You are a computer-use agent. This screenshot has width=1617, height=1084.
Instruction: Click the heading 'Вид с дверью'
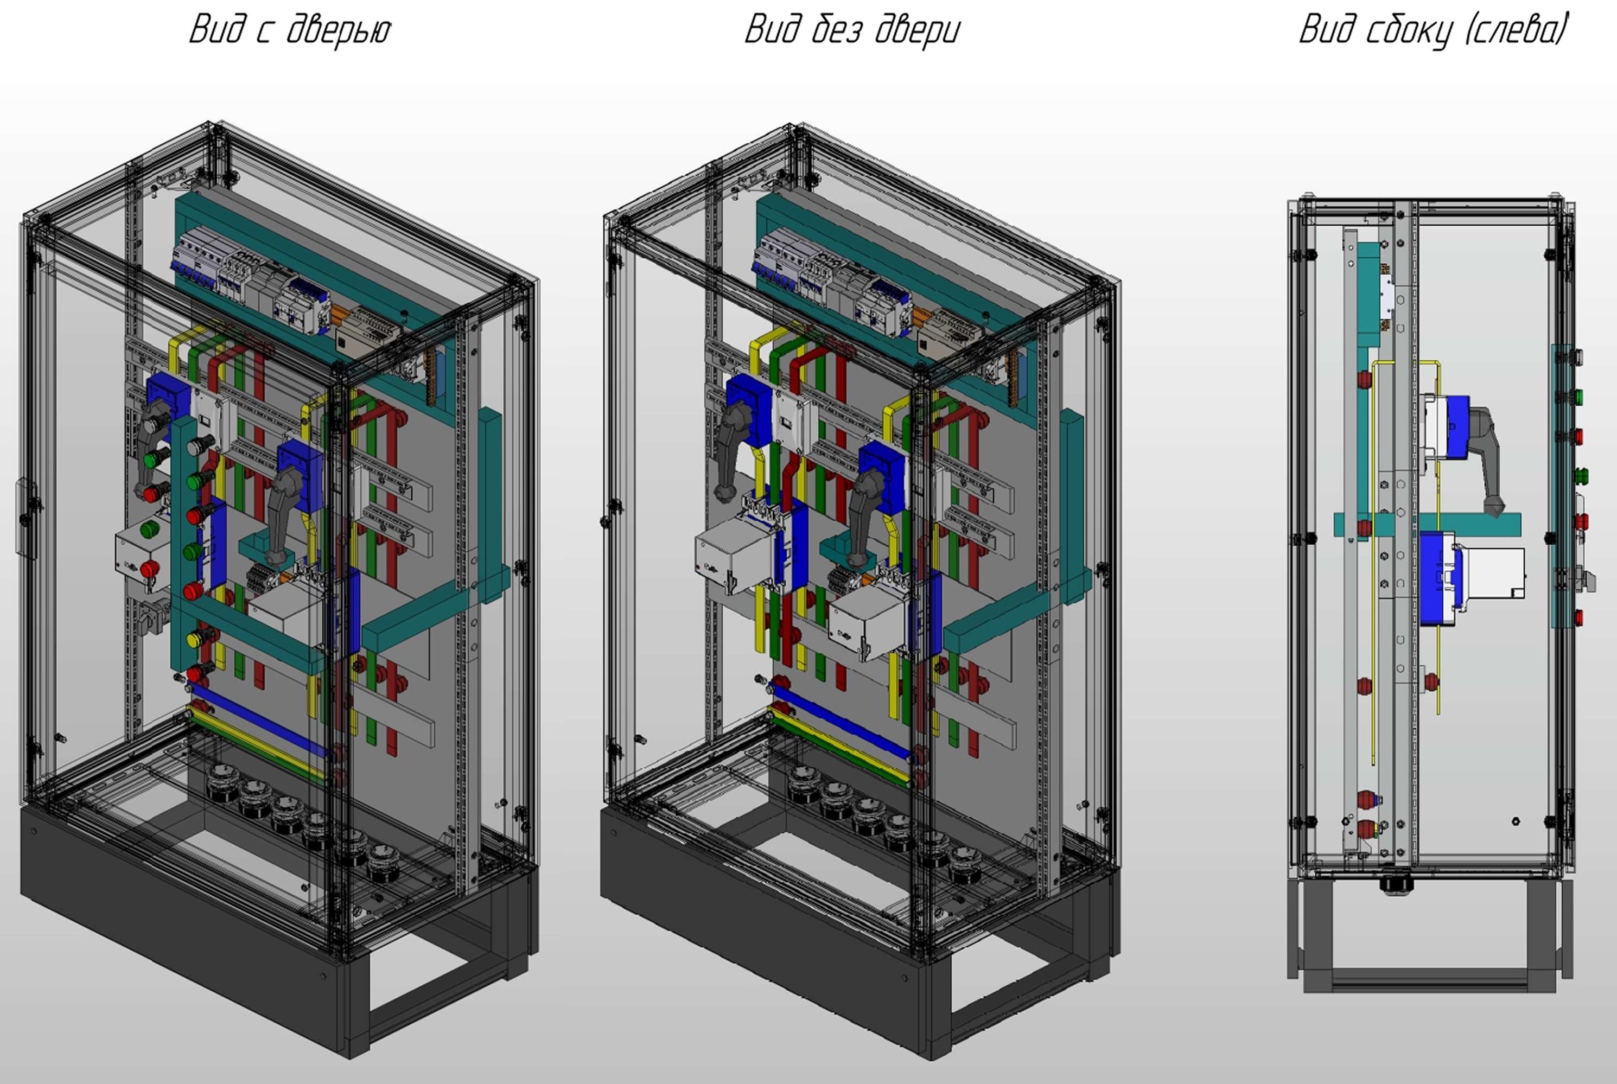[290, 30]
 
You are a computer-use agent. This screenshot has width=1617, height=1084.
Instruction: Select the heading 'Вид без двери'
[852, 30]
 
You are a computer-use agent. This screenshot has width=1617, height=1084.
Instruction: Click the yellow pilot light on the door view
[194, 637]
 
